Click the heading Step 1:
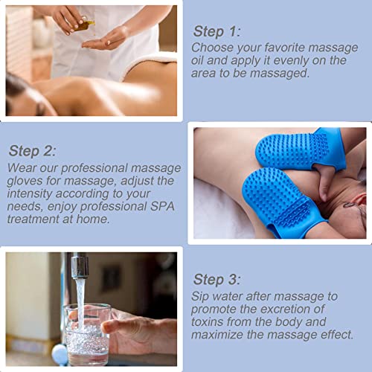click(x=217, y=31)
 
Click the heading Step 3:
click(x=217, y=280)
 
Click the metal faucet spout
click(x=79, y=266)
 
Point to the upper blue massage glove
click(x=294, y=148)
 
